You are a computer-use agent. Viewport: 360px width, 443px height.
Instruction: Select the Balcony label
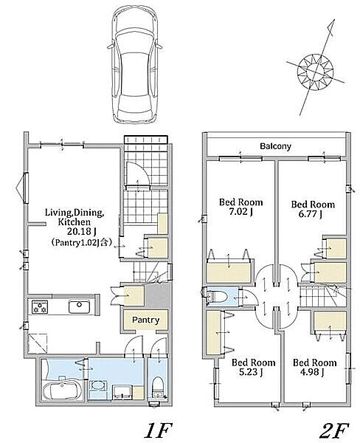point(275,146)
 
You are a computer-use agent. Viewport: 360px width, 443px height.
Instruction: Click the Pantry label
point(145,320)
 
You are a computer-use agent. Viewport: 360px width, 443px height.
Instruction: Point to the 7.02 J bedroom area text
point(240,211)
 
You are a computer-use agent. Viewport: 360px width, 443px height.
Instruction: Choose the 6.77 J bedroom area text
point(310,214)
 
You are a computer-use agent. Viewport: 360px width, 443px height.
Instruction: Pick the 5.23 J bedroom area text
point(251,372)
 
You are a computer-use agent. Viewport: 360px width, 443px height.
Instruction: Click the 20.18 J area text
point(82,232)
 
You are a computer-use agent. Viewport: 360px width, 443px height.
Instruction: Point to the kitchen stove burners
point(40,307)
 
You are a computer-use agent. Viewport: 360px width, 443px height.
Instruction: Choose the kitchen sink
point(80,306)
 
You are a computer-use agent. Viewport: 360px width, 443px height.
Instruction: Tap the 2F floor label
point(333,430)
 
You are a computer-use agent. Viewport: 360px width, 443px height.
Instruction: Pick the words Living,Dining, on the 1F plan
point(75,212)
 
